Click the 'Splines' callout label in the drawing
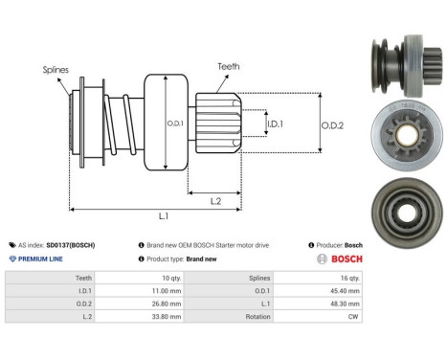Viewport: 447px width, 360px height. coord(56,70)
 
